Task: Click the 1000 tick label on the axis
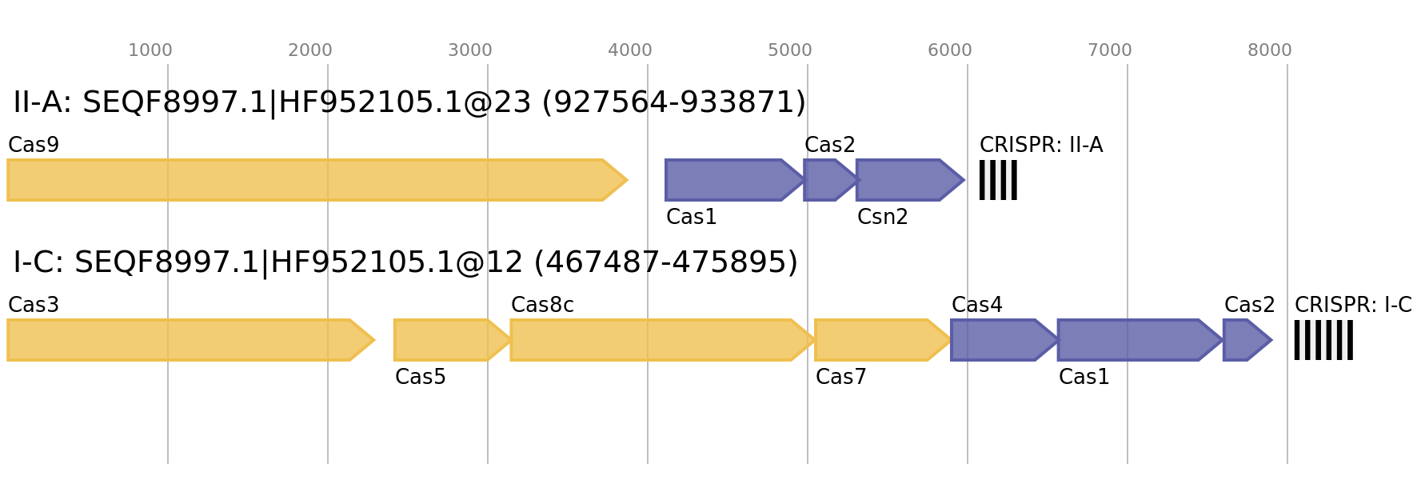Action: [150, 50]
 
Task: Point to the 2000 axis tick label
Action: [310, 50]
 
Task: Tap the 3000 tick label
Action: [470, 50]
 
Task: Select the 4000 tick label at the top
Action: [630, 50]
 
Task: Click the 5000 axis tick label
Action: [790, 50]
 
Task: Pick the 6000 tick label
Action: [950, 50]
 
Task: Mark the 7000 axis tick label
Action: [1110, 50]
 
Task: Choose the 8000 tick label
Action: [1270, 50]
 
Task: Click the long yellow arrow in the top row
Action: [312, 180]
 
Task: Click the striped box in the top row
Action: [998, 180]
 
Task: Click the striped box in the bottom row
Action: [1323, 340]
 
